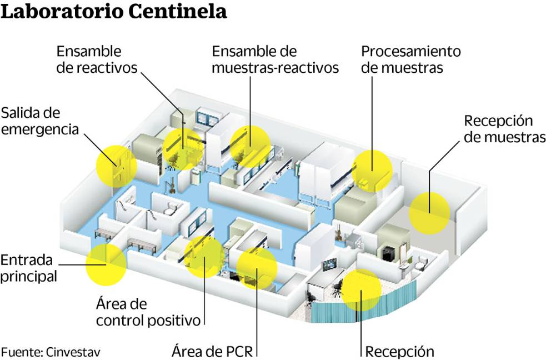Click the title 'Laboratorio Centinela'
pos(114,12)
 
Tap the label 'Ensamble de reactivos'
pos(97,59)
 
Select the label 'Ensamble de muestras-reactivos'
pos(275,59)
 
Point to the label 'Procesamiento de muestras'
pos(411,59)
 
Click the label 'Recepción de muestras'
pos(504,129)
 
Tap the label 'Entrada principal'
pos(28,268)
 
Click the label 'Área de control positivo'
pos(148,312)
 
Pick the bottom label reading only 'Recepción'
pos(399,351)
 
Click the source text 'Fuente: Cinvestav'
pos(51,352)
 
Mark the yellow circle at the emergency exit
pos(116,166)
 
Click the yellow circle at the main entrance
pos(106,264)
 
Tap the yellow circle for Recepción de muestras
pos(429,212)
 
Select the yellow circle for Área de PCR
pos(257,268)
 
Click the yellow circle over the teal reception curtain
pos(361,290)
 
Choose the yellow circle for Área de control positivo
pos(204,256)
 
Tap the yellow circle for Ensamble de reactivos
pos(182,147)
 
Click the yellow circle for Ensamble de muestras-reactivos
pos(251,146)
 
